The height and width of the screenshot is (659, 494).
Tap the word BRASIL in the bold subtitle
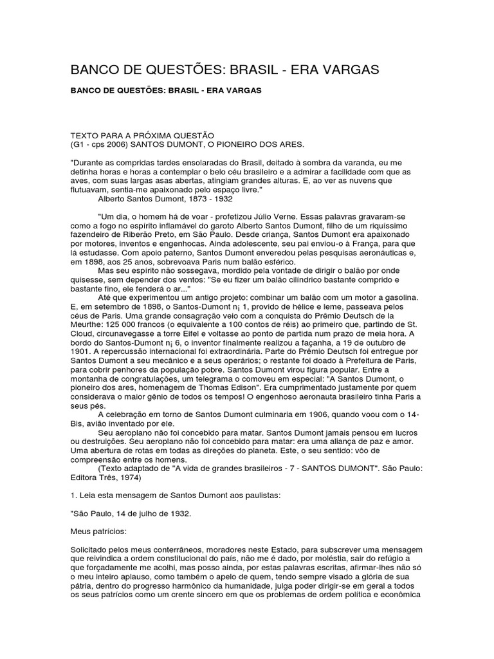tap(187, 91)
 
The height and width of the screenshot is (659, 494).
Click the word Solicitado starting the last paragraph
tap(91, 552)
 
